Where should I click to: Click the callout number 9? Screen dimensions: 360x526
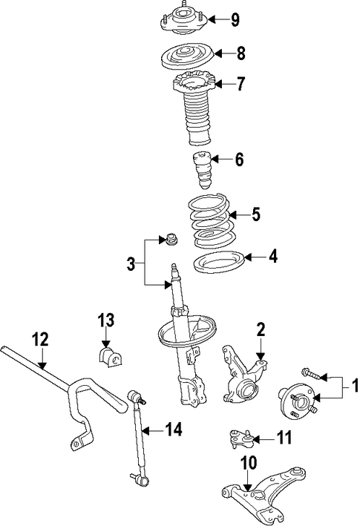click(x=235, y=20)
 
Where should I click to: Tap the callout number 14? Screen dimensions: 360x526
click(x=174, y=430)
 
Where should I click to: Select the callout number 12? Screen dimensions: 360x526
click(x=41, y=339)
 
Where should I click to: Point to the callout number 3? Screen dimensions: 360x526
click(x=131, y=263)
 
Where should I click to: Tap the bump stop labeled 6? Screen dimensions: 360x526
click(x=202, y=171)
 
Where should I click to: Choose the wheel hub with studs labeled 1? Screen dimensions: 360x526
click(x=298, y=401)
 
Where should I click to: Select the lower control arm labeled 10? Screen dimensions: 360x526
click(x=264, y=494)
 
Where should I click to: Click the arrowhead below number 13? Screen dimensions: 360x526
click(x=105, y=343)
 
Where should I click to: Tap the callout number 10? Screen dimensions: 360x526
click(x=248, y=463)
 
